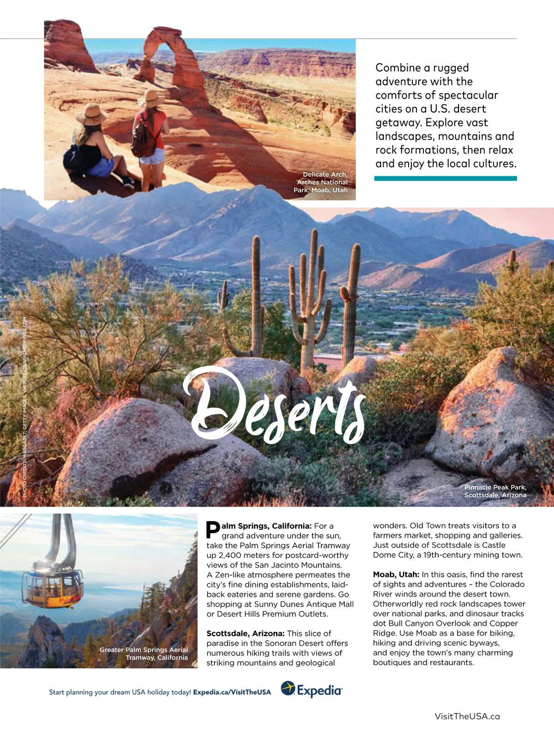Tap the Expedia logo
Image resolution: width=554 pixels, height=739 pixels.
312,690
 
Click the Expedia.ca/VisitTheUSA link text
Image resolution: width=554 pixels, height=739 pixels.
232,692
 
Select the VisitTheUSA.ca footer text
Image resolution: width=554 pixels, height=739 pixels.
467,716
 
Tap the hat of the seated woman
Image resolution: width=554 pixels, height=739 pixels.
91,114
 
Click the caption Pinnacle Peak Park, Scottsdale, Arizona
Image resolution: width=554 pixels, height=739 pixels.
495,491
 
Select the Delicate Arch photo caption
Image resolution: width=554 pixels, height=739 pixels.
321,182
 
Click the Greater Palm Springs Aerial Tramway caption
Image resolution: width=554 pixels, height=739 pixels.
144,654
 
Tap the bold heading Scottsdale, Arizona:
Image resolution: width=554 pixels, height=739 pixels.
245,633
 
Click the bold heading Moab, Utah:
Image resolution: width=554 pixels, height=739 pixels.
396,575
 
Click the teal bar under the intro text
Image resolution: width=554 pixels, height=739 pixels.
445,178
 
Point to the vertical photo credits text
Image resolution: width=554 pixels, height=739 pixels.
24,406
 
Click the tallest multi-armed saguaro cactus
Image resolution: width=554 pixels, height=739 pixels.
310,300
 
